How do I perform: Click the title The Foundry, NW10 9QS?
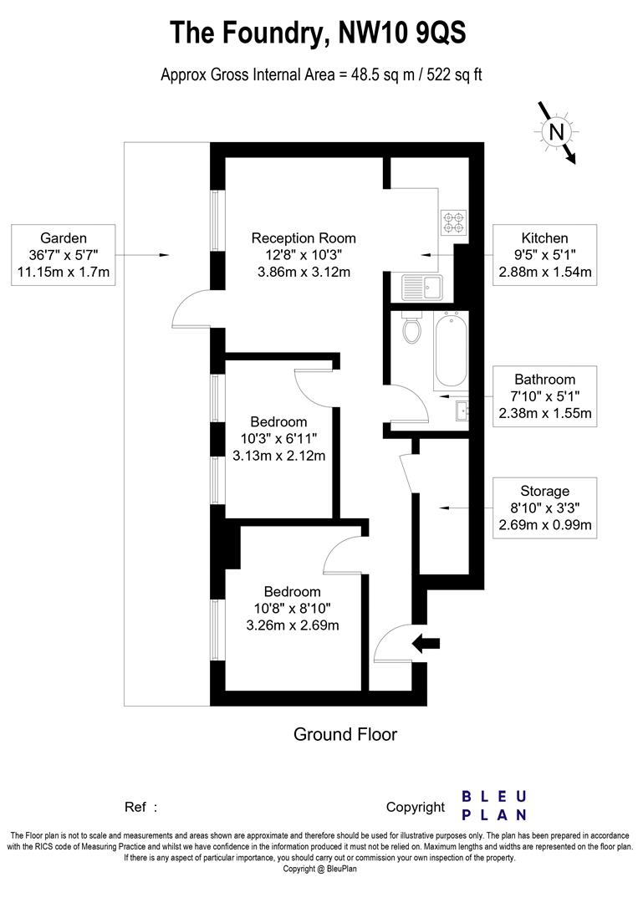(x=318, y=33)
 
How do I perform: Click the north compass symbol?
(x=556, y=132)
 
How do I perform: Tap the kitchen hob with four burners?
(x=452, y=221)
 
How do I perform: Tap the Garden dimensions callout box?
(x=64, y=255)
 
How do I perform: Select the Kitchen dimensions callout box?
(x=544, y=255)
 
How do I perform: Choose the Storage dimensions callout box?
(x=544, y=508)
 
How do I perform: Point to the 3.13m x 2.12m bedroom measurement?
(x=278, y=456)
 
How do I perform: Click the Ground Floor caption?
(x=345, y=735)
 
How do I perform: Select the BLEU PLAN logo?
(x=494, y=806)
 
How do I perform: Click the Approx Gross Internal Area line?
(x=321, y=74)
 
